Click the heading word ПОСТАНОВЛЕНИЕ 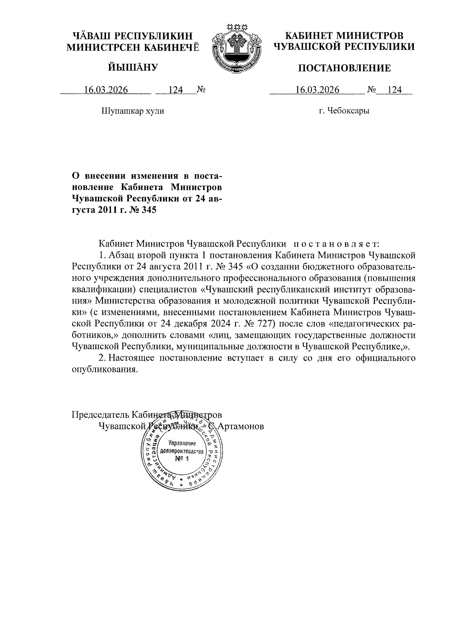click(x=344, y=68)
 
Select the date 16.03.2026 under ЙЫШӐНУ click(x=106, y=90)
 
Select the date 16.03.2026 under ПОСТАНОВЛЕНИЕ click(x=317, y=90)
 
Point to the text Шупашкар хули click(x=133, y=111)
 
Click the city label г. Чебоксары click(x=344, y=111)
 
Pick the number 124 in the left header click(x=176, y=90)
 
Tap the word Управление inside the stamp click(x=182, y=443)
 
